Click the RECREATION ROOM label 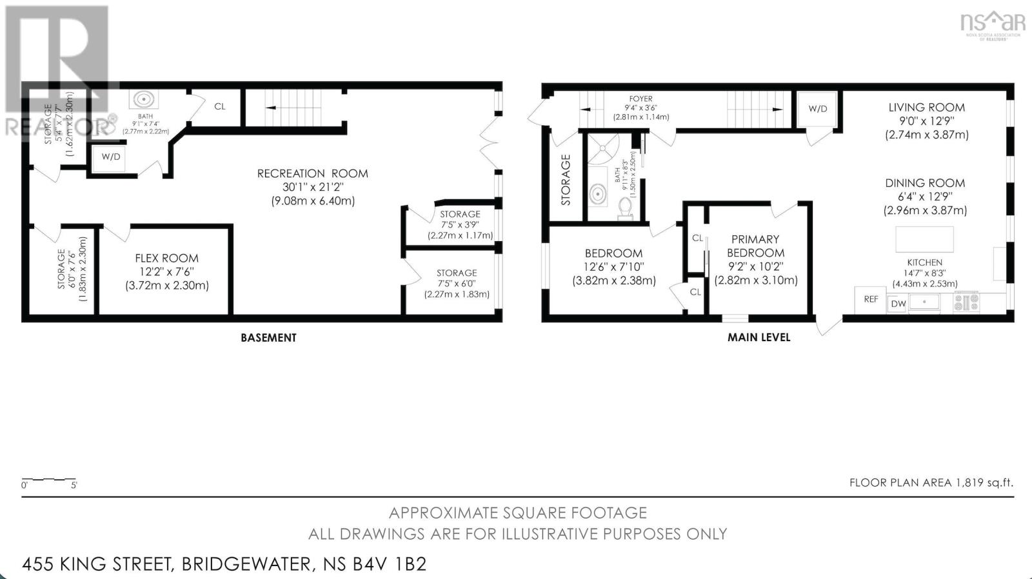click(312, 173)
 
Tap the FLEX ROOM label click(166, 258)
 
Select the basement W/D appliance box click(110, 157)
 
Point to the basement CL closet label click(219, 106)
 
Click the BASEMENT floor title click(268, 337)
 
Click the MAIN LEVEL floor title click(759, 337)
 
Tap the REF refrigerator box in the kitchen click(871, 299)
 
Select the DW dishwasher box click(898, 304)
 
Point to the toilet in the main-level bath click(624, 208)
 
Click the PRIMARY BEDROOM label click(755, 246)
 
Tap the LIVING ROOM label click(926, 108)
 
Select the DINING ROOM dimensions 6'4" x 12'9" click(924, 197)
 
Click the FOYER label click(640, 99)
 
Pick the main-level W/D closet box click(817, 108)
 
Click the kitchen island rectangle click(924, 239)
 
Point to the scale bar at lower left click(49, 480)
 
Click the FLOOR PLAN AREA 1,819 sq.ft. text click(931, 482)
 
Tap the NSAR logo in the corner click(993, 24)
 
